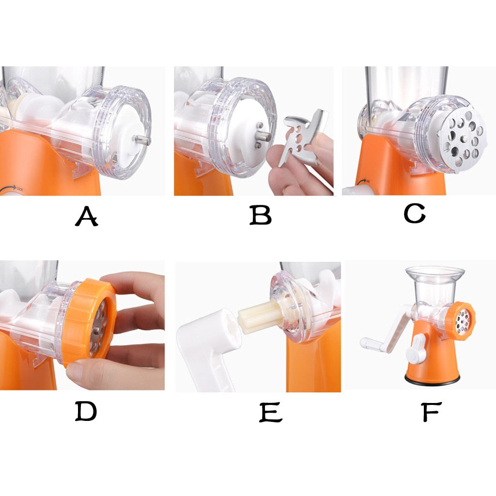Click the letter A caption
87,216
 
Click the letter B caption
260,215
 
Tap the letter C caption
415,213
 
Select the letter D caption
86,411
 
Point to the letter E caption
271,413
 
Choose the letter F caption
432,412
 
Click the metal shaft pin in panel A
141,139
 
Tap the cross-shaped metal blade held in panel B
303,137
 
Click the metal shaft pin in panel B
263,136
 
